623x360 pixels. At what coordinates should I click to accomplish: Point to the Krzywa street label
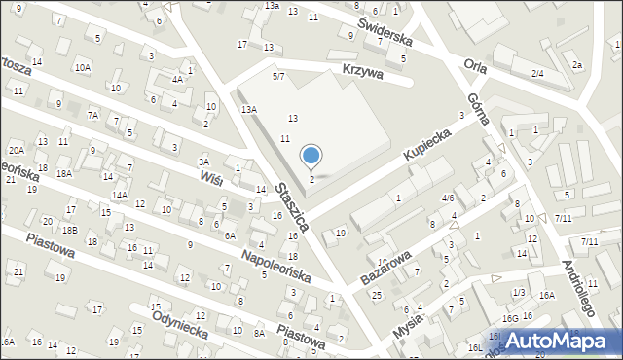tap(363, 72)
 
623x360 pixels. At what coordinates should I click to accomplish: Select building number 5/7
tap(278, 76)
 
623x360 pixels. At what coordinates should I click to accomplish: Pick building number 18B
tap(70, 230)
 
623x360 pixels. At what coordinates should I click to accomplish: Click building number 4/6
tap(448, 198)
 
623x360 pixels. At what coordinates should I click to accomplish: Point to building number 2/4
tap(537, 74)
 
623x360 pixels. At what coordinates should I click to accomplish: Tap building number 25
tap(376, 294)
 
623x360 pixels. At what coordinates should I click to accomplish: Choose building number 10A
tap(84, 68)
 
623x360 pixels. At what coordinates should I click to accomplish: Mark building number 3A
tap(203, 162)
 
